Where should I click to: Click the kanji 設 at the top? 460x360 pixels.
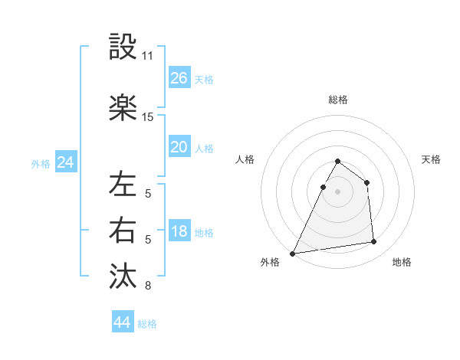[123, 47]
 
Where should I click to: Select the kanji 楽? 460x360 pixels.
[123, 107]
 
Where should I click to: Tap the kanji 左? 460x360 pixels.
[123, 185]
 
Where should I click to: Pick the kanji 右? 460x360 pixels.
[123, 231]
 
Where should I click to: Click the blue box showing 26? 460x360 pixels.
[179, 78]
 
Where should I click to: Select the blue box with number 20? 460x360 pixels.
[179, 147]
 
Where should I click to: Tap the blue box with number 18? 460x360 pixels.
[179, 232]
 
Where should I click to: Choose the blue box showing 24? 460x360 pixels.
[66, 162]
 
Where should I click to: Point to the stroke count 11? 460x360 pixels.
[148, 56]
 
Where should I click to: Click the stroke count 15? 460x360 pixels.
[148, 116]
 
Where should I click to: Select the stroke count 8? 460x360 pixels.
[148, 286]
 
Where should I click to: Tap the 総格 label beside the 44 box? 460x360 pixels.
[148, 324]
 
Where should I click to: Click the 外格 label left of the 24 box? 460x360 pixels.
[41, 163]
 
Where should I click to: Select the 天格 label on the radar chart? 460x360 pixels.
[432, 159]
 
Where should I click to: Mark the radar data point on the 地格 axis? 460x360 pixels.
[374, 242]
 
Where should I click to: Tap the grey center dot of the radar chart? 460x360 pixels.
[337, 192]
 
